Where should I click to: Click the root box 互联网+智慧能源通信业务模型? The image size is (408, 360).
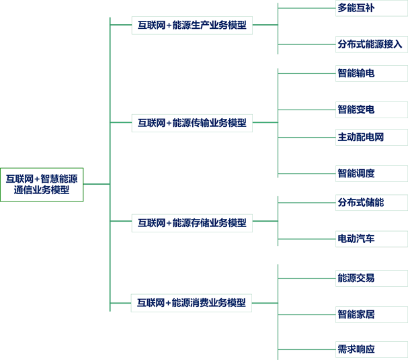pyautogui.click(x=42, y=184)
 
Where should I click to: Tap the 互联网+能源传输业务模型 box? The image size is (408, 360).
pyautogui.click(x=192, y=122)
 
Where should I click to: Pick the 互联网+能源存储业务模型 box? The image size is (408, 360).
pyautogui.click(x=192, y=222)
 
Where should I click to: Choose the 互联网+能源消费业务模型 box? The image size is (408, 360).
pyautogui.click(x=192, y=302)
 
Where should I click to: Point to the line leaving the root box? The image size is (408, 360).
pyautogui.click(x=96, y=184)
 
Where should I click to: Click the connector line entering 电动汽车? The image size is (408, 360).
pyautogui.click(x=307, y=238)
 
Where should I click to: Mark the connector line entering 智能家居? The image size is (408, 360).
pyautogui.click(x=307, y=313)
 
